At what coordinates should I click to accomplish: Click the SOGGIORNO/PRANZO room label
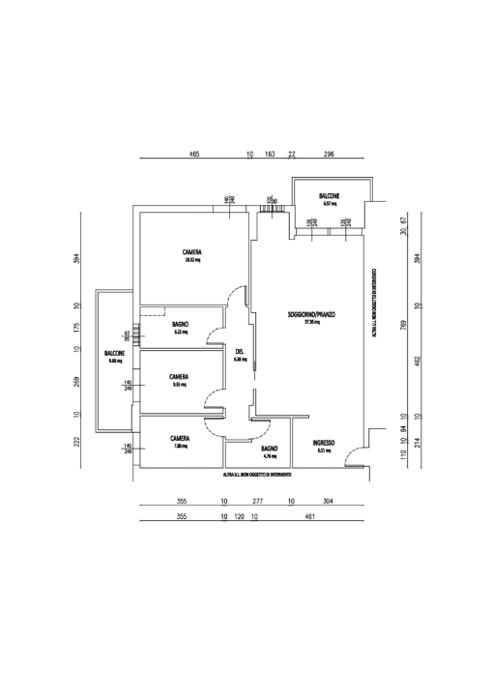[310, 315]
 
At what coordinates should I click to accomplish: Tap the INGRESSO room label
[324, 443]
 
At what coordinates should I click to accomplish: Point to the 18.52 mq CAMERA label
[191, 253]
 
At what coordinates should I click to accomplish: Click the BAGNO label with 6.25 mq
[180, 325]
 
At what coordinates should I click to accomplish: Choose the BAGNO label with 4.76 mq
[270, 449]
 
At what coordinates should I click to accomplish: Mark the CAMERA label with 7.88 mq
[180, 439]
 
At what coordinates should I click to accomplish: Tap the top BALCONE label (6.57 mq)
[330, 198]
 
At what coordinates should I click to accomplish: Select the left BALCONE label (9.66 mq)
[114, 355]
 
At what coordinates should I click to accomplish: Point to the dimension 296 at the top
[329, 155]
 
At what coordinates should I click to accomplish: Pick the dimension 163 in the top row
[270, 155]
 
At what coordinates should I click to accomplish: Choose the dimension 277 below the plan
[257, 502]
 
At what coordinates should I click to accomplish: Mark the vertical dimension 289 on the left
[76, 382]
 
